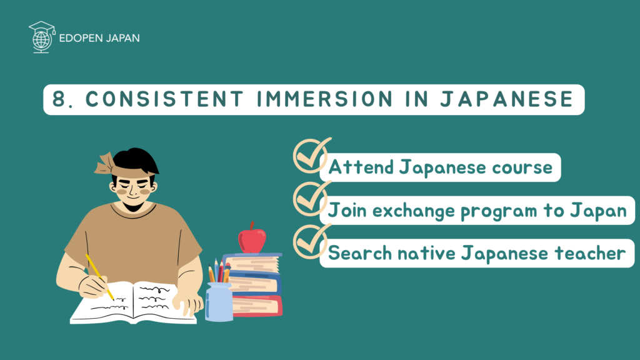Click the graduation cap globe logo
tap(42, 37)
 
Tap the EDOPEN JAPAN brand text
tap(99, 38)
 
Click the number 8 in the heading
tap(59, 99)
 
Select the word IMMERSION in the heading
tap(324, 99)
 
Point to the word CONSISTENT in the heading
tap(164, 99)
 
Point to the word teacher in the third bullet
tap(590, 253)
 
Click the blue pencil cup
tap(219, 302)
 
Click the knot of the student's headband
tap(105, 163)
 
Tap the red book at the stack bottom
tap(257, 306)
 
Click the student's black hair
tap(135, 161)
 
